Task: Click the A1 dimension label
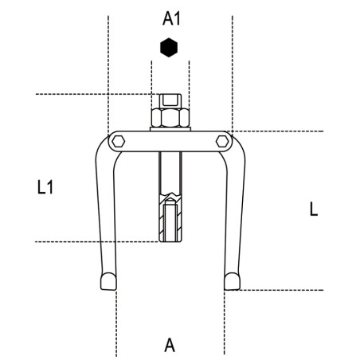(x=171, y=19)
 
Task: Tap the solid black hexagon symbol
(x=169, y=47)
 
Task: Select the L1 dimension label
(x=45, y=187)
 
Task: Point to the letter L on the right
(x=314, y=209)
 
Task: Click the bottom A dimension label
(x=170, y=345)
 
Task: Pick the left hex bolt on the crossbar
(x=118, y=142)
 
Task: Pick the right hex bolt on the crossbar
(x=222, y=142)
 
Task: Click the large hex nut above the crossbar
(x=170, y=118)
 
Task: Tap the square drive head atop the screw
(x=170, y=101)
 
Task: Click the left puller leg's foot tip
(x=108, y=281)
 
